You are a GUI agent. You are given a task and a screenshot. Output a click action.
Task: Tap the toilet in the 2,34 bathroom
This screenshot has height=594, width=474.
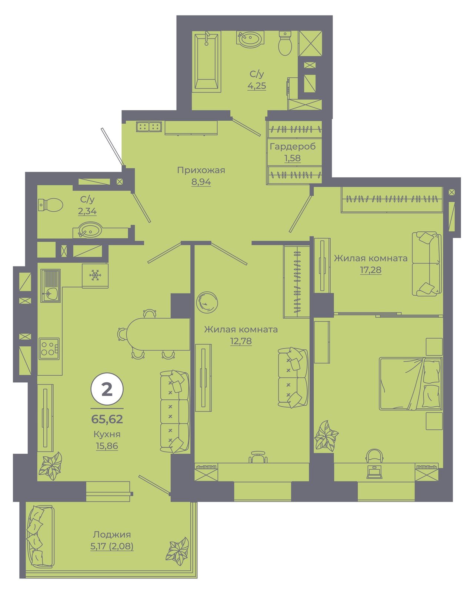point(50,205)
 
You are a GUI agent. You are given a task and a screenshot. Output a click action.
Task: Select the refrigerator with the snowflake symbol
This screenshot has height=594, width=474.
point(95,276)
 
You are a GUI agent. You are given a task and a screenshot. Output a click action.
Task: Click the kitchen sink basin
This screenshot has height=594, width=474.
point(51,293)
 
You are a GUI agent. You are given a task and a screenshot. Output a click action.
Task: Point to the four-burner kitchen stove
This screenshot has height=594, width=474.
point(49,349)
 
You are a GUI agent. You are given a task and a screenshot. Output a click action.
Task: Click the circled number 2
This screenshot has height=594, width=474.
point(107,390)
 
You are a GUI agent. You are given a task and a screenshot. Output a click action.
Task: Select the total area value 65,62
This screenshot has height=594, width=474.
point(107,419)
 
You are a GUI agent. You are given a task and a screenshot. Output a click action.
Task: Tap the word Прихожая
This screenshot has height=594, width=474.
point(201,170)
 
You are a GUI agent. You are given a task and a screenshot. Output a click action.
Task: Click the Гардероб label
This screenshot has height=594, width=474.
point(293,146)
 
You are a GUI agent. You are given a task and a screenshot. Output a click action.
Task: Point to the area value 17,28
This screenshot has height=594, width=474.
point(371,270)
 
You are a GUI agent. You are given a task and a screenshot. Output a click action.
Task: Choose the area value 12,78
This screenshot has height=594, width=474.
point(241,341)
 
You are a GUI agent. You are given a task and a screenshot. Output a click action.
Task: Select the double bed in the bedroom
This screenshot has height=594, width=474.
point(410,384)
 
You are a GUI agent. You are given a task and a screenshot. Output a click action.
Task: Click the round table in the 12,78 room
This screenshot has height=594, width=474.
point(207,302)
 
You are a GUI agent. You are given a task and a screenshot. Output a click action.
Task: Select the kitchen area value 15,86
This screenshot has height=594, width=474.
point(107,446)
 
